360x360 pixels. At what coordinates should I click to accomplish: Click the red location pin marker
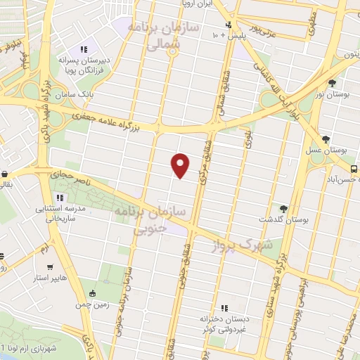[x=181, y=166]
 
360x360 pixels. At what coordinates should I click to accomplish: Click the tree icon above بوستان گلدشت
[x=283, y=208]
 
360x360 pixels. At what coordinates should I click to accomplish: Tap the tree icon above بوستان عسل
[x=326, y=139]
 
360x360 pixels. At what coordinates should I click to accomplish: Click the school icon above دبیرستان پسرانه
[x=84, y=49]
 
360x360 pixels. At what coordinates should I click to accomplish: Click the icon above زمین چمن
[x=94, y=292]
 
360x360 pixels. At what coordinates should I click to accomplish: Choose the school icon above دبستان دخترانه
[x=225, y=308]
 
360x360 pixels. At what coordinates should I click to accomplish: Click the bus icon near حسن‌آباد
[x=354, y=169]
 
